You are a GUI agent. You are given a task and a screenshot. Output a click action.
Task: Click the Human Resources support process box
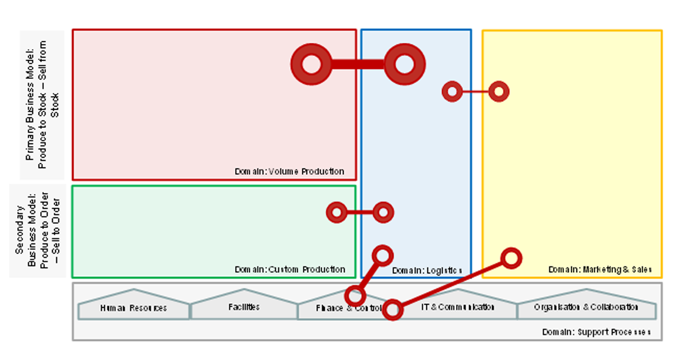coord(134,307)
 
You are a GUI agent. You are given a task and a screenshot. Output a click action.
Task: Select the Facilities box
coord(244,307)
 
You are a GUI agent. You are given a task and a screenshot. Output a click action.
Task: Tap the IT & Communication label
coord(458,307)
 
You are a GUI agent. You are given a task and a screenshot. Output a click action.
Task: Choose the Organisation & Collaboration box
coord(586,307)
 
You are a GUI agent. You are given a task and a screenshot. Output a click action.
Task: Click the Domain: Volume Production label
coord(289,171)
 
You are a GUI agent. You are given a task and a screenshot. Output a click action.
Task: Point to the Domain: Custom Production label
coord(290,269)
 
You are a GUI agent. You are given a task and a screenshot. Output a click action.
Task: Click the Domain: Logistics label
coord(427,270)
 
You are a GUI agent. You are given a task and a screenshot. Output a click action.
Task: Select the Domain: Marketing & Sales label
coord(600,269)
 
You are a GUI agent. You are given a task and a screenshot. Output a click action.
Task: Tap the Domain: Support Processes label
coord(596,332)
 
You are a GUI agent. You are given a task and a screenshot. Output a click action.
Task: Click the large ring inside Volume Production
coord(311,64)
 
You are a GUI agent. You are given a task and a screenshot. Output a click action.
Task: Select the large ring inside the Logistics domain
coord(404,64)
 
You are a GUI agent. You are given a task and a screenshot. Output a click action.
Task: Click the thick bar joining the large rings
coord(358,64)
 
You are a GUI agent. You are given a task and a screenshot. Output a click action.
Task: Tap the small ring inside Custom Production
coord(337,212)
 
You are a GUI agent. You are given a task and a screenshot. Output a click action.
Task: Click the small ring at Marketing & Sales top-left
coord(499,92)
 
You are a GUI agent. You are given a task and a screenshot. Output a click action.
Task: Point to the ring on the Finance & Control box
coord(355,296)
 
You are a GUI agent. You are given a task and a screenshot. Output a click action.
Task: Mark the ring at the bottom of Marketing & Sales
coord(511,258)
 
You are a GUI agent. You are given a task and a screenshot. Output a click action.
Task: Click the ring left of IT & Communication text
coord(392,309)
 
